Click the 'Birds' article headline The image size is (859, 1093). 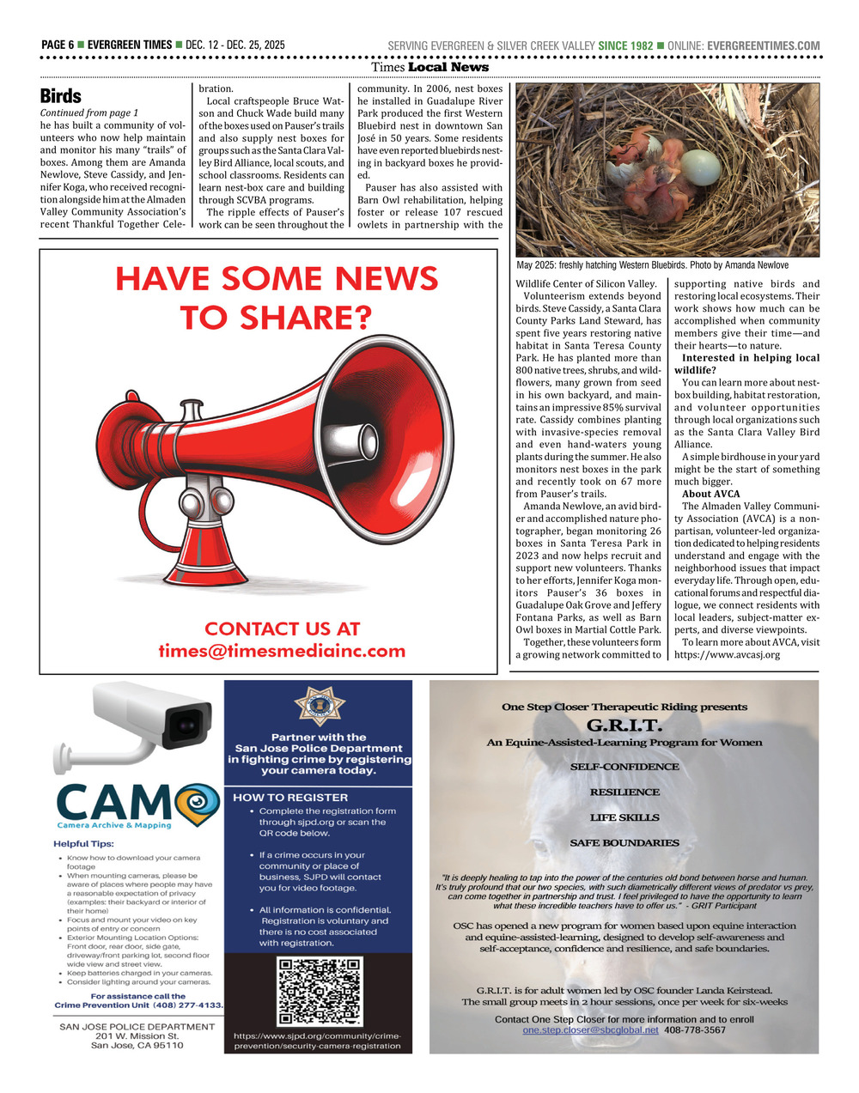click(x=61, y=96)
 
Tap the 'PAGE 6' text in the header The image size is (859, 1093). click(x=58, y=46)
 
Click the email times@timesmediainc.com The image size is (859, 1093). click(x=282, y=651)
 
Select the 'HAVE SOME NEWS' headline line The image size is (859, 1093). click(x=277, y=279)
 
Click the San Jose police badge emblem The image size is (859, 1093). click(x=318, y=706)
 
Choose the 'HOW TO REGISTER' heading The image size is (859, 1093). click(x=279, y=797)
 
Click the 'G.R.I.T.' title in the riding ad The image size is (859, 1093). click(x=624, y=725)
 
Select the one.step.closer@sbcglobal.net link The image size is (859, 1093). click(x=590, y=1030)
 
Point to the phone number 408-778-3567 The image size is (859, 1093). click(x=695, y=1030)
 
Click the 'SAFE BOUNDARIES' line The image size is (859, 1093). click(x=624, y=843)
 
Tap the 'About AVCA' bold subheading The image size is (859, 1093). click(x=710, y=494)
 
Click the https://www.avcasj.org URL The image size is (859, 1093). click(x=727, y=655)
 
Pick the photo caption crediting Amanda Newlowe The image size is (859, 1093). click(x=652, y=265)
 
